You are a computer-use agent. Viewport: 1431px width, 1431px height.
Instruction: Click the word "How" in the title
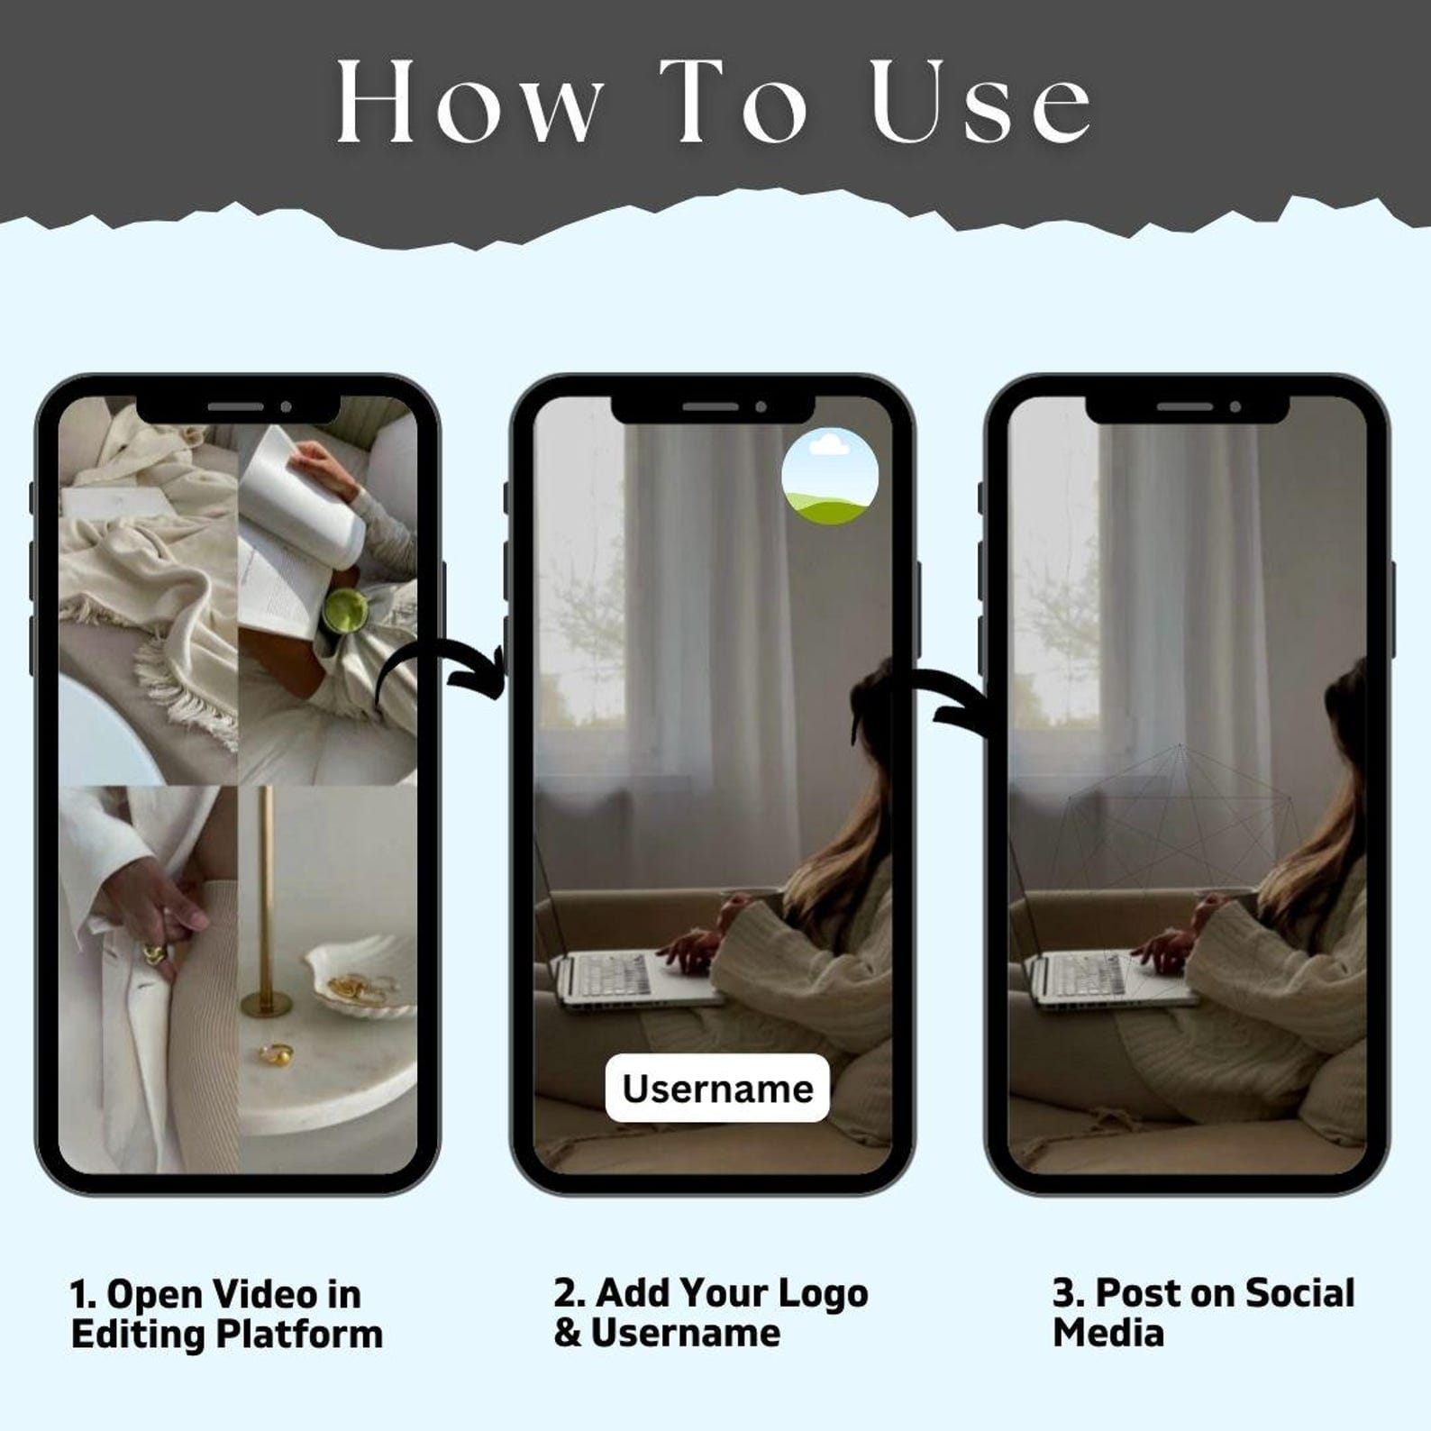pyautogui.click(x=469, y=101)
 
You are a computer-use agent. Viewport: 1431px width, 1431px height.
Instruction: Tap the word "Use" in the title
pyautogui.click(x=981, y=101)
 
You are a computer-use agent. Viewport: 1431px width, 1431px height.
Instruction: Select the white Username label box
pyautogui.click(x=717, y=1088)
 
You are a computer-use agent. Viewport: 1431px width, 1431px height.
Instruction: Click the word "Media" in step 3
pyautogui.click(x=1108, y=1333)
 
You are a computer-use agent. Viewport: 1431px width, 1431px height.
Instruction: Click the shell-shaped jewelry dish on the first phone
pyautogui.click(x=359, y=977)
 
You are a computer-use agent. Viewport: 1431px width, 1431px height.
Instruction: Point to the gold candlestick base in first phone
pyautogui.click(x=266, y=1005)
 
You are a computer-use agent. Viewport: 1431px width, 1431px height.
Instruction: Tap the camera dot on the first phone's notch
pyautogui.click(x=286, y=407)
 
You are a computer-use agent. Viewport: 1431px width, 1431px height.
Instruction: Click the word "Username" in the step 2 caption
pyautogui.click(x=686, y=1334)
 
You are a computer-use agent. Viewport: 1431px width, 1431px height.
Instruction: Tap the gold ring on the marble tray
pyautogui.click(x=278, y=1053)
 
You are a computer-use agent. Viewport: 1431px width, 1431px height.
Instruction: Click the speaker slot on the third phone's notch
pyautogui.click(x=1185, y=407)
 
